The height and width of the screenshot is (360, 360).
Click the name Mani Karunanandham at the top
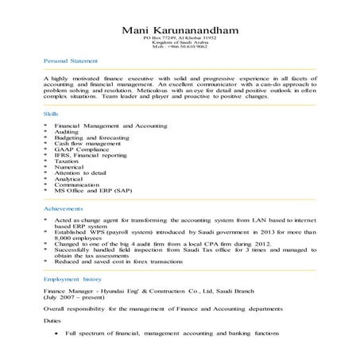[x=180, y=30]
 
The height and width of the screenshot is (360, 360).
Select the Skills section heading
[x=50, y=114]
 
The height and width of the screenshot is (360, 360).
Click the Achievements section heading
[x=64, y=207]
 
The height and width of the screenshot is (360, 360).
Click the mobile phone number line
[x=180, y=47]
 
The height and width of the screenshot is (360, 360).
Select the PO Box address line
[x=180, y=38]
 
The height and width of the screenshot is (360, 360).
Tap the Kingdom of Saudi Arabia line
[x=180, y=43]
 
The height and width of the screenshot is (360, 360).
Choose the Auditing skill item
[x=68, y=132]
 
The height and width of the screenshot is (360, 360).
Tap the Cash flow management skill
[x=87, y=143]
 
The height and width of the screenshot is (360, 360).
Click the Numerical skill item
[x=71, y=166]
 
